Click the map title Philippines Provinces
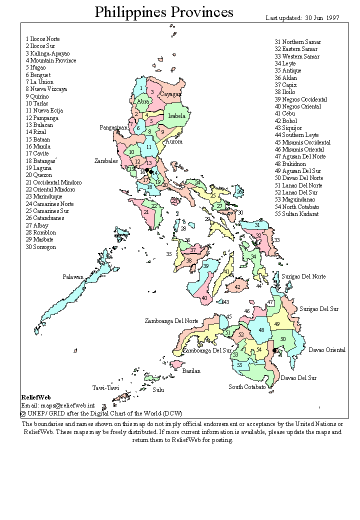pos(164,12)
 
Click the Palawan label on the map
pos(72,276)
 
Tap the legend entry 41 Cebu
pos(285,113)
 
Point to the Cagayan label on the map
pos(170,94)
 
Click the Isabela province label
pos(176,116)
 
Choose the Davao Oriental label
pos(326,350)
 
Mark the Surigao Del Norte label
pos(303,276)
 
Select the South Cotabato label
pos(247,387)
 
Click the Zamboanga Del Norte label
pos(171,321)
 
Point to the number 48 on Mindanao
pos(261,330)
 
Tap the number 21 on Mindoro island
pos(146,212)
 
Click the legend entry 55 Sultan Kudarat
pos(296,214)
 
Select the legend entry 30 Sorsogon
pos(41,247)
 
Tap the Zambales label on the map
pos(106,161)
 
